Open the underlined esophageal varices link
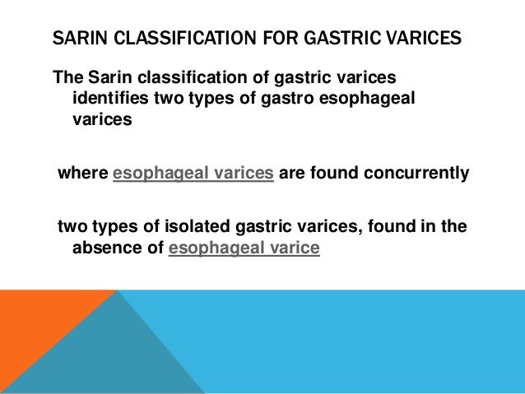(193, 174)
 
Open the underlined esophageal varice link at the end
(243, 246)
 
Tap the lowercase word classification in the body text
(202, 78)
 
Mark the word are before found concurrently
(294, 174)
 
